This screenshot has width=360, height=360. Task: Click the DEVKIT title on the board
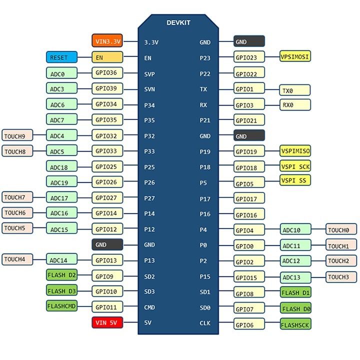(x=178, y=22)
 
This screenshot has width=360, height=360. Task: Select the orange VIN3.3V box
(x=107, y=40)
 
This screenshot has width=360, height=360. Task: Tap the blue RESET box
(x=61, y=57)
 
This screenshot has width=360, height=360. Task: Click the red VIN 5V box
(x=107, y=322)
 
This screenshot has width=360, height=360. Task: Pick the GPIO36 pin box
(x=107, y=73)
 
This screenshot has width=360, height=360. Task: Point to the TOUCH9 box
(x=17, y=135)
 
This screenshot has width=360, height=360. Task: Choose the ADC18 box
(x=61, y=166)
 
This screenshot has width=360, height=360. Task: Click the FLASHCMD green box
(x=61, y=306)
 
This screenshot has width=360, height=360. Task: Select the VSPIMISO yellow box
(x=295, y=151)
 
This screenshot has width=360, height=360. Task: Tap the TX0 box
(x=295, y=90)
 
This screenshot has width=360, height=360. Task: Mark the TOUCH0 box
(x=341, y=229)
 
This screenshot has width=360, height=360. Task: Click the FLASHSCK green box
(x=295, y=324)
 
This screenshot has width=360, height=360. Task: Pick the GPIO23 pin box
(x=249, y=56)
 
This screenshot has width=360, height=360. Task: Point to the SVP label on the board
(x=149, y=74)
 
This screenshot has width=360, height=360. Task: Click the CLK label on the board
(x=205, y=323)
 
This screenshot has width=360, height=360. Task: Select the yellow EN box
(x=107, y=57)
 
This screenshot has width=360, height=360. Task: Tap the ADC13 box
(x=295, y=277)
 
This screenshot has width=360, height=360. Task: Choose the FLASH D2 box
(x=61, y=275)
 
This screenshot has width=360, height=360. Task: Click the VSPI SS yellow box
(x=295, y=180)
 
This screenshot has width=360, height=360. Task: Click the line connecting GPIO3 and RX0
(x=272, y=105)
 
